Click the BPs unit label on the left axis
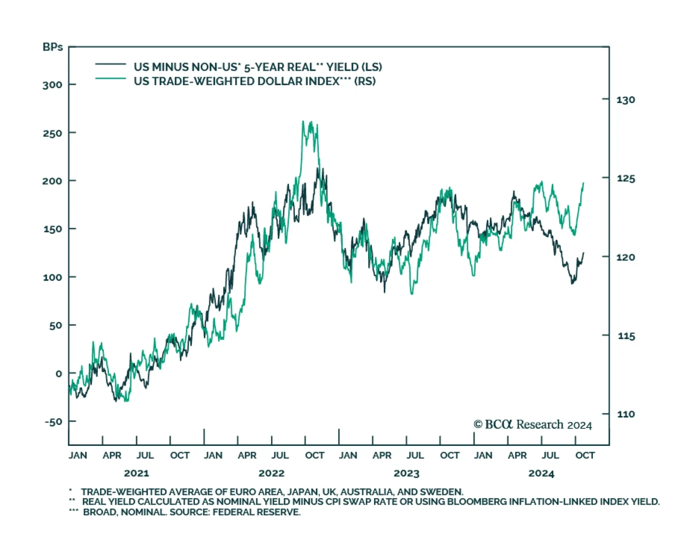52,47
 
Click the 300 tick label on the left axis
52,85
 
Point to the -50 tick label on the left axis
53,422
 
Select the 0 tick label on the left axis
59,373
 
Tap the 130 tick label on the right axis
626,100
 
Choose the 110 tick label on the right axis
626,414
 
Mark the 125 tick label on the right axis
626,178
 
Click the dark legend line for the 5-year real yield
111,64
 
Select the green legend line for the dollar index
111,79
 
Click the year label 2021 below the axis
136,473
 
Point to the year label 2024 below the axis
541,473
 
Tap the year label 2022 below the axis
272,473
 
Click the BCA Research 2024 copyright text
533,425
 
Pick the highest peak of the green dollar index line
303,121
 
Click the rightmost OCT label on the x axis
585,455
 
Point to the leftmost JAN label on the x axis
77,455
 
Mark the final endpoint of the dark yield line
584,253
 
